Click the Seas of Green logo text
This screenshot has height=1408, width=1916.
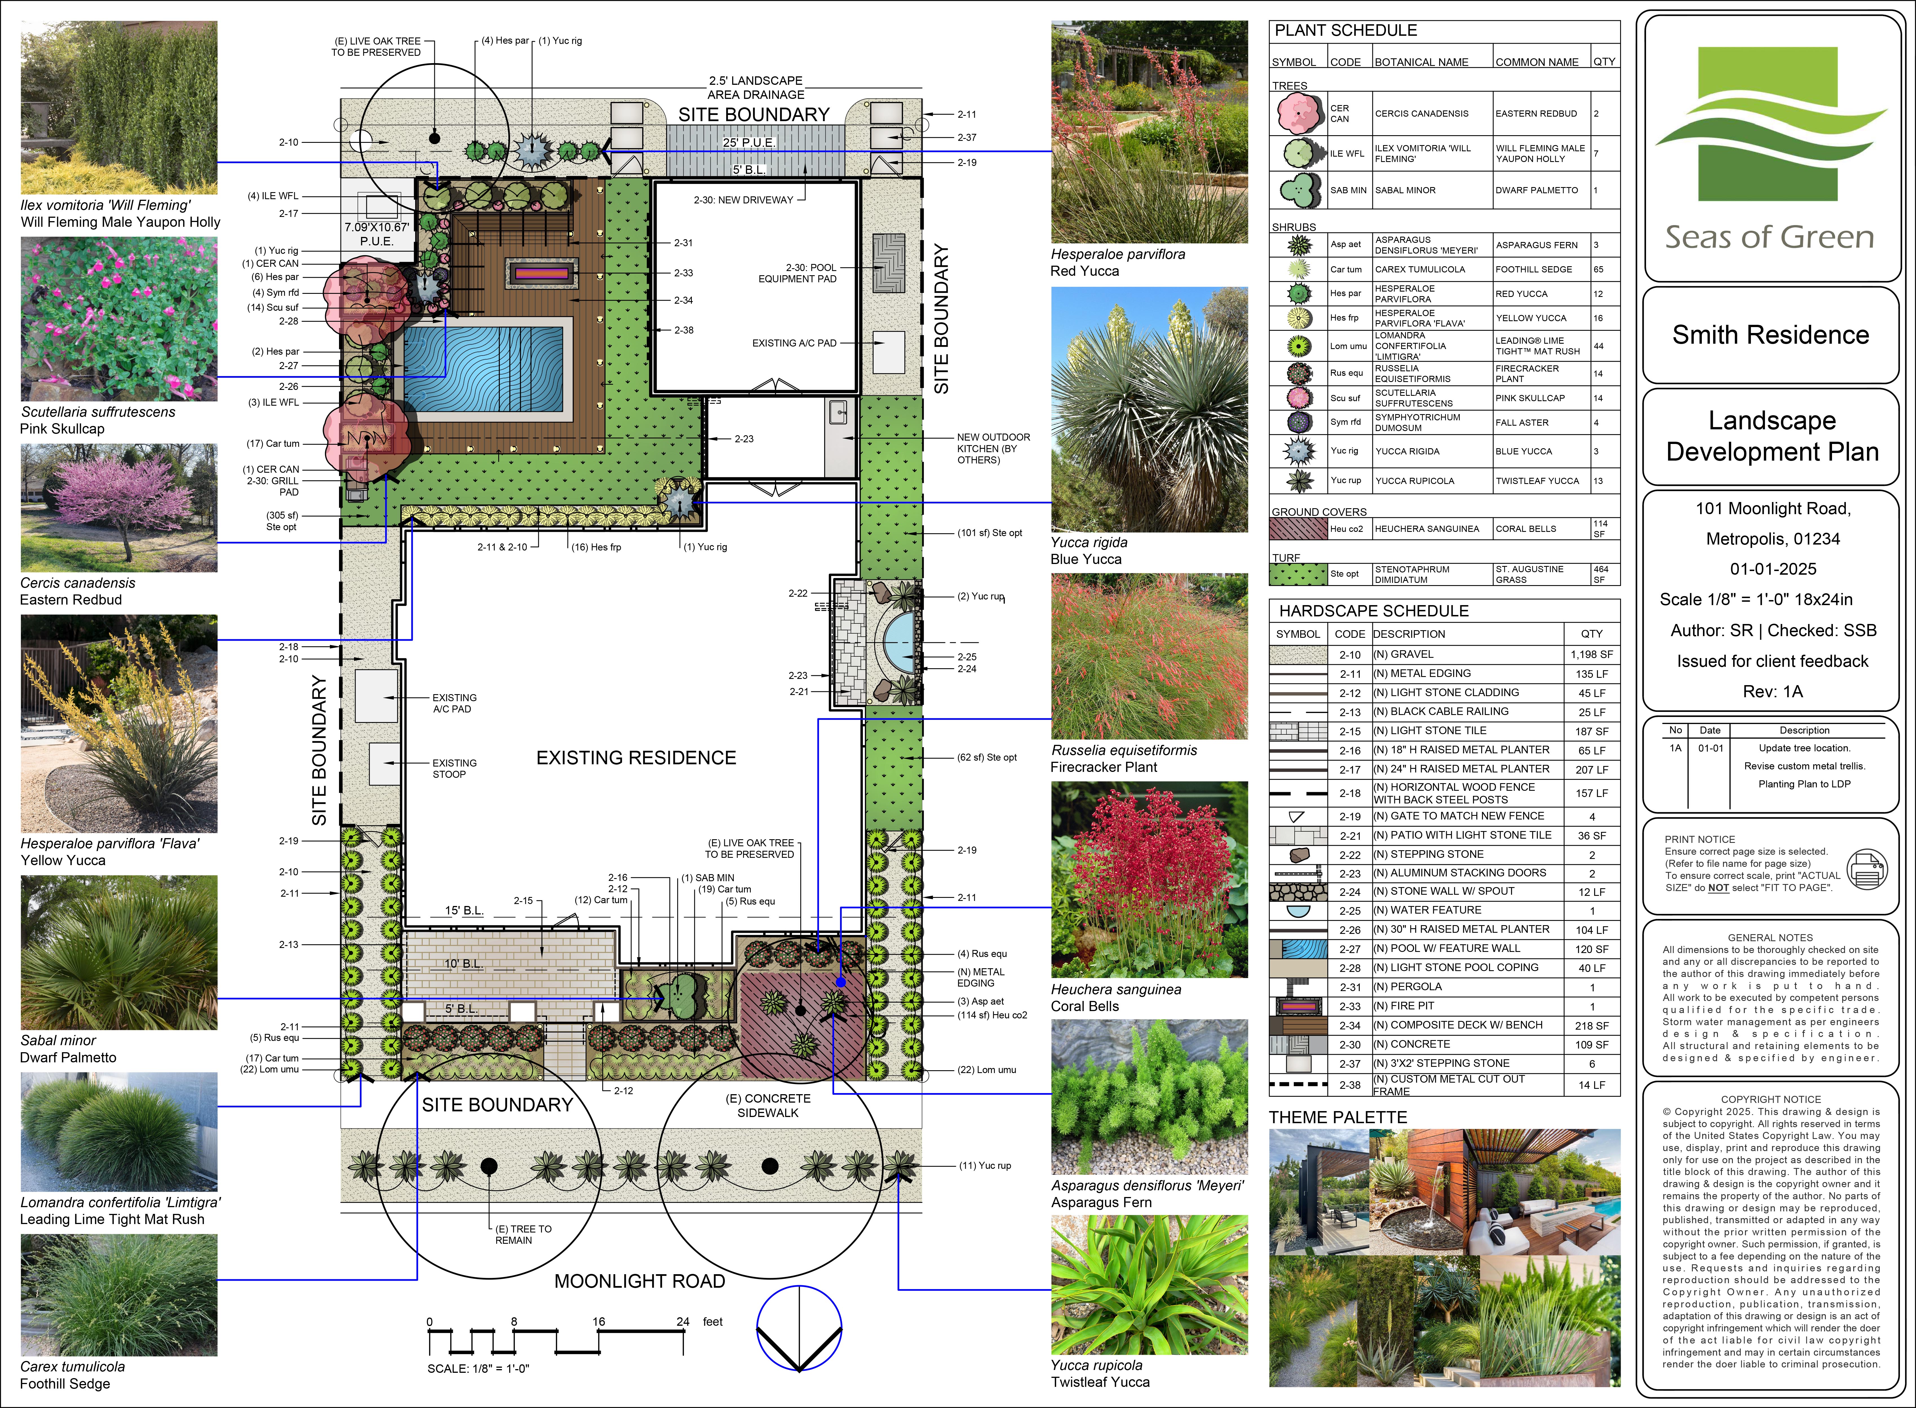click(1770, 237)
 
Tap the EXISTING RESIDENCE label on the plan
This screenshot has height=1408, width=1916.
click(636, 758)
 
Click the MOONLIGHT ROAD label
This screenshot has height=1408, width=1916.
click(639, 1281)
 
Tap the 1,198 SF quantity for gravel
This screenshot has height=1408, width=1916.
click(1591, 655)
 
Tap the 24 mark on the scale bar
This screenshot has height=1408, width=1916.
click(683, 1322)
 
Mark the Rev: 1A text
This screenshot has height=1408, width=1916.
click(1773, 691)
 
